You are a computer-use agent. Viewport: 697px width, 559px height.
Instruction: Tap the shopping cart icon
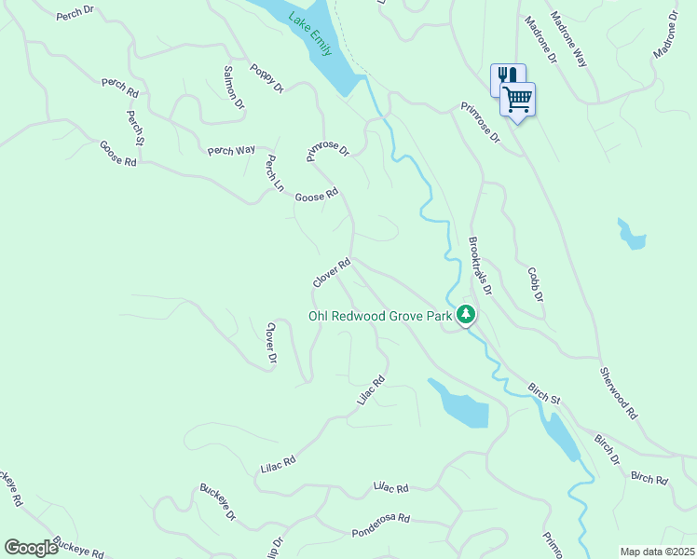(x=518, y=99)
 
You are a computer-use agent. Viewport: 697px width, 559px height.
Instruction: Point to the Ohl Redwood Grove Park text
(x=380, y=317)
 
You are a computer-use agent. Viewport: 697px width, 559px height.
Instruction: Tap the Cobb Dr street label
(x=535, y=285)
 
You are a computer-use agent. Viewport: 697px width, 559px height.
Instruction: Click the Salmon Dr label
(x=233, y=86)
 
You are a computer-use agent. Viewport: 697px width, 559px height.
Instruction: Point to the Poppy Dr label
(x=266, y=78)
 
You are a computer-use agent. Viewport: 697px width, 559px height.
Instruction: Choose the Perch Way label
(x=231, y=150)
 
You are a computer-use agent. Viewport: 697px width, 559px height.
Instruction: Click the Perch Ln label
(x=273, y=173)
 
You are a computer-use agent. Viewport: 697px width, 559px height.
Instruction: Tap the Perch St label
(x=134, y=128)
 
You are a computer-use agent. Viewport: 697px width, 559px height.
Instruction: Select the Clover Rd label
(x=332, y=273)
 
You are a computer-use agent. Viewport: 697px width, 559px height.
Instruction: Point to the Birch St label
(x=543, y=392)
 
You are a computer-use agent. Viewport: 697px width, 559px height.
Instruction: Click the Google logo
(x=31, y=547)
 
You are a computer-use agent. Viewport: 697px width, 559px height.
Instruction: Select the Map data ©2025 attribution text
(x=657, y=552)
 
